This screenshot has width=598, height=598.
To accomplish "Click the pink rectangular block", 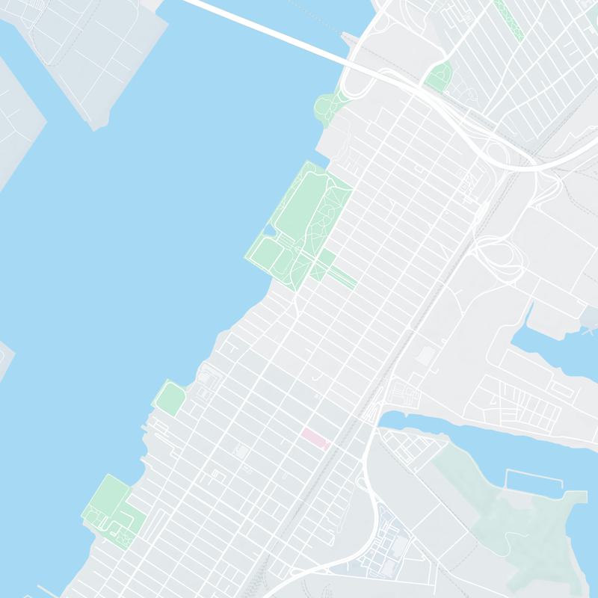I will [314, 438].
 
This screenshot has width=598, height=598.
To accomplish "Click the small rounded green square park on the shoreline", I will [171, 398].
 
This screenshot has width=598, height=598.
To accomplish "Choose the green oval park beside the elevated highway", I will [439, 77].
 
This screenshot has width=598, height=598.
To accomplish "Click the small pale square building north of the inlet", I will [425, 356].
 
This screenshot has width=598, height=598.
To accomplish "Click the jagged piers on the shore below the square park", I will [153, 441].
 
